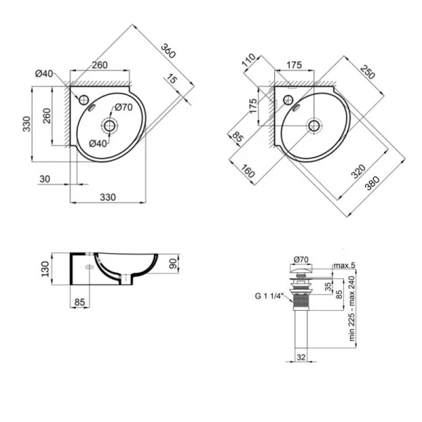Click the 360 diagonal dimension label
click(166, 51)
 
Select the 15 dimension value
click(172, 80)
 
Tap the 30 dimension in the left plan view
click(44, 179)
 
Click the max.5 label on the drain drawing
click(344, 265)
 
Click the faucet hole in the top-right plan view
click(288, 98)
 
